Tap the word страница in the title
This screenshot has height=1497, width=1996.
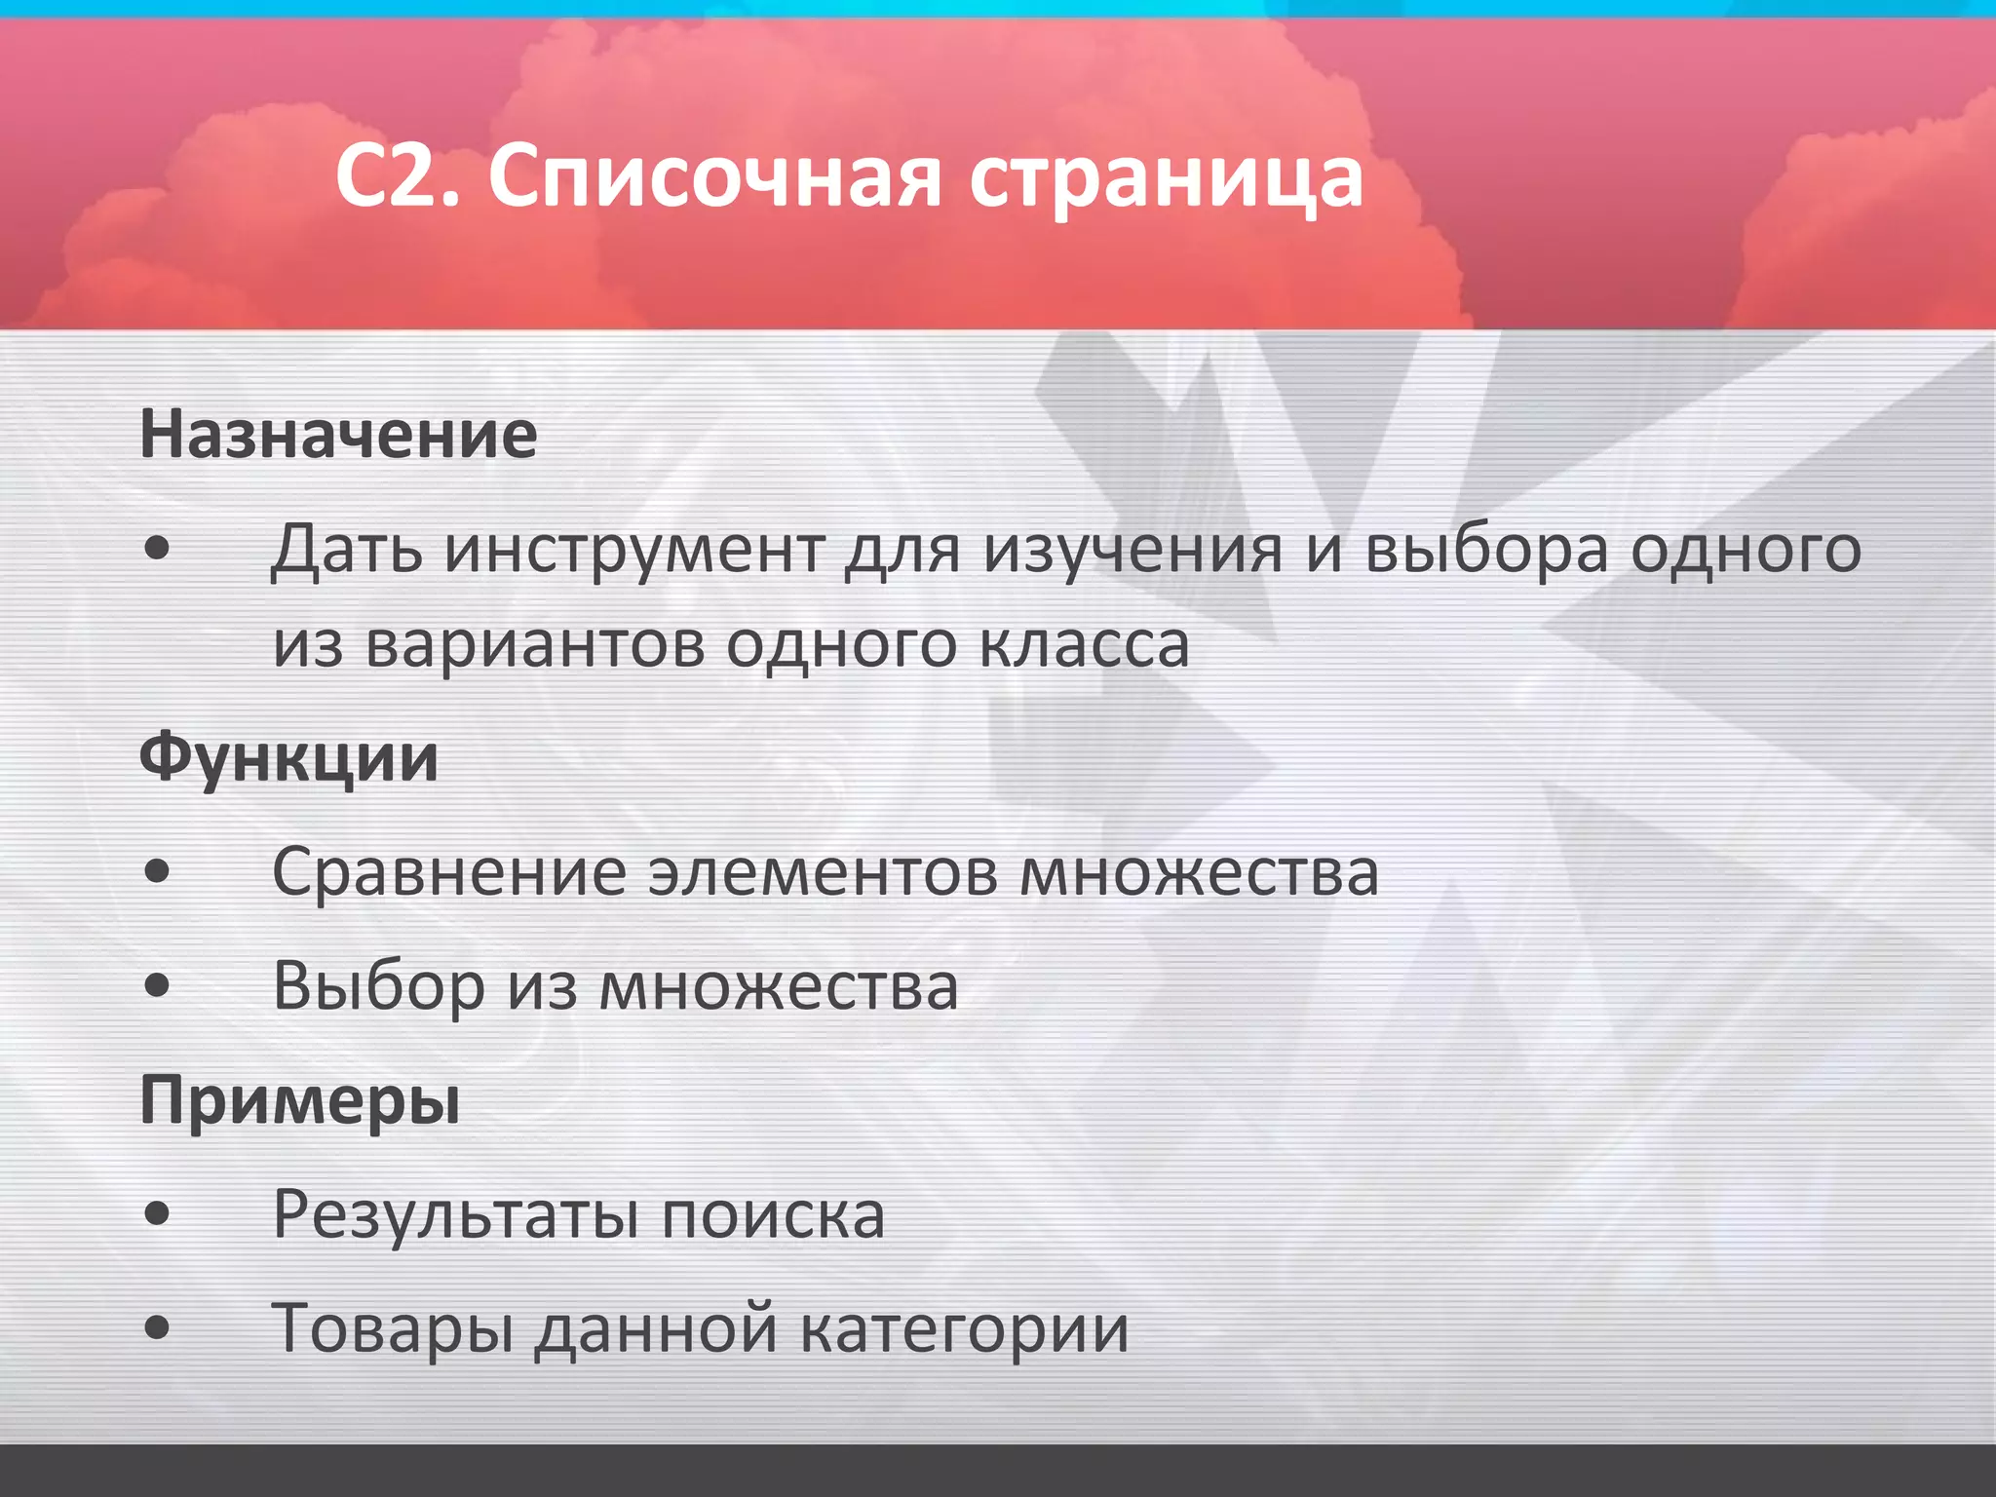click(1166, 179)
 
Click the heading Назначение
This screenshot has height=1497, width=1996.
click(338, 435)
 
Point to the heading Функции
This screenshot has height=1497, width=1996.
click(288, 758)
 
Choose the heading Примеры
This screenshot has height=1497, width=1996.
click(300, 1101)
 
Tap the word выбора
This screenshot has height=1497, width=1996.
click(1486, 550)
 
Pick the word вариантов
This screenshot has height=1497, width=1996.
click(535, 645)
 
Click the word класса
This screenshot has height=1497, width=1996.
click(1084, 645)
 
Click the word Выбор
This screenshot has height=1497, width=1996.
click(379, 986)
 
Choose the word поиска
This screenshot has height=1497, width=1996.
click(774, 1215)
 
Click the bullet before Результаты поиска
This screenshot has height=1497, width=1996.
click(157, 1215)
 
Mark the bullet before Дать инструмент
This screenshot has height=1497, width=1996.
click(157, 550)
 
